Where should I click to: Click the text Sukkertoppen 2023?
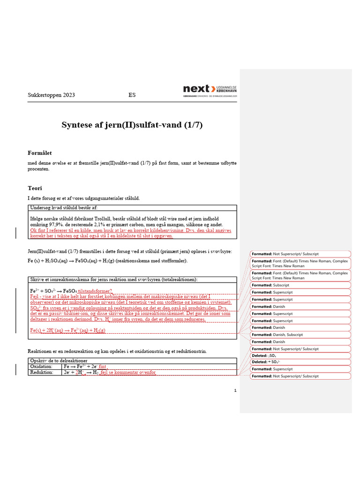[52, 95]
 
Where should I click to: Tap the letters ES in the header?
[132, 95]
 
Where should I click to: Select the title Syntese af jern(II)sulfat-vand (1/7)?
[132, 125]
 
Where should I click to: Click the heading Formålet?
[40, 153]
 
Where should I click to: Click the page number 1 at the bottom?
[235, 390]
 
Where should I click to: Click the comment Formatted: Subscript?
[270, 285]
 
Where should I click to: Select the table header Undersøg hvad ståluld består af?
[64, 208]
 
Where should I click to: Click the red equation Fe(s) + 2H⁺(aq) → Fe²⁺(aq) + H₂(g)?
[67, 330]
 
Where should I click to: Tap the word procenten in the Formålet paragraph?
[39, 169]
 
